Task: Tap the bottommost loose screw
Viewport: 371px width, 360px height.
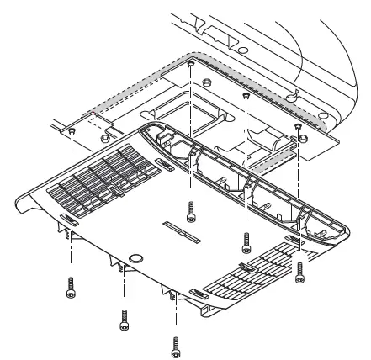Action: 176,345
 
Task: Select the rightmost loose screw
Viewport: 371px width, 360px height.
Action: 299,271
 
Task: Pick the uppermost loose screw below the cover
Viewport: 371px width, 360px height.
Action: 192,209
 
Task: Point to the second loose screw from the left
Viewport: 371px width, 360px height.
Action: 124,318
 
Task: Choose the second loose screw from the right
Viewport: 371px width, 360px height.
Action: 246,243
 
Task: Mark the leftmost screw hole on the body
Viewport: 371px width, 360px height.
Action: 73,131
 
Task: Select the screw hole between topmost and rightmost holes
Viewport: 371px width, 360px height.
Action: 246,96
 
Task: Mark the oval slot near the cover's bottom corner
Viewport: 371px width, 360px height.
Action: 200,294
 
